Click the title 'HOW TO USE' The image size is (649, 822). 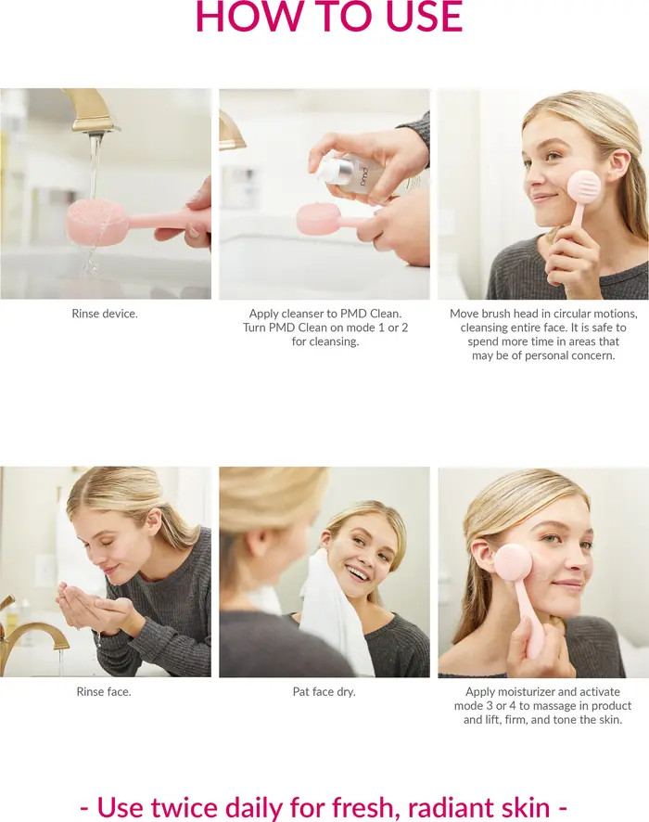pyautogui.click(x=328, y=17)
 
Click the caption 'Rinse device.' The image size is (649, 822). pyautogui.click(x=105, y=314)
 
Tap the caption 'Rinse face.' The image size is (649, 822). pyautogui.click(x=104, y=691)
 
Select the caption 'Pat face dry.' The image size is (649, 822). pyautogui.click(x=324, y=691)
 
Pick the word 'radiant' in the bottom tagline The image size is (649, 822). pyautogui.click(x=454, y=806)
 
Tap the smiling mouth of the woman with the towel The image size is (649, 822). pyautogui.click(x=356, y=573)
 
